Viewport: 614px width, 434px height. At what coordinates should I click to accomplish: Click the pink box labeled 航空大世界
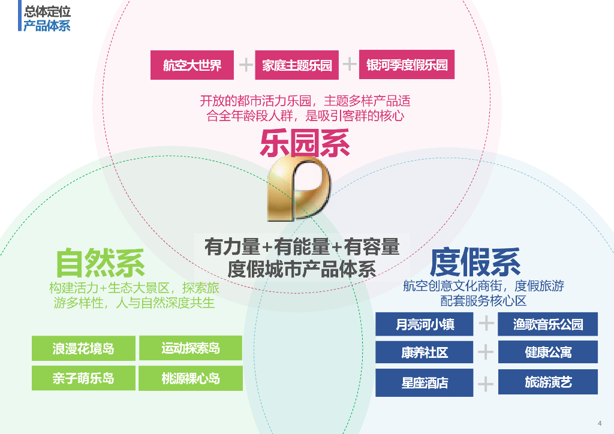tap(192, 65)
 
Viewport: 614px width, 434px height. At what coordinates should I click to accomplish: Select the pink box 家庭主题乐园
tap(297, 65)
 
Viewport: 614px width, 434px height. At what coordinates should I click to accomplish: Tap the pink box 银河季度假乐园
tap(407, 65)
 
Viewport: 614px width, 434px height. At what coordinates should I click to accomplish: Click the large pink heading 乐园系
tap(305, 144)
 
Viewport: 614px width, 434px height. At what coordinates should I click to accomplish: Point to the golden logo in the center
tap(299, 189)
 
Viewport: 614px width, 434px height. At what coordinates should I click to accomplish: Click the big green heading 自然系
tap(100, 263)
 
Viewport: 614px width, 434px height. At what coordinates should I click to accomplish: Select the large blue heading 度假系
tap(475, 261)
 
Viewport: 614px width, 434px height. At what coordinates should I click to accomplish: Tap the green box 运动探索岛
tap(191, 348)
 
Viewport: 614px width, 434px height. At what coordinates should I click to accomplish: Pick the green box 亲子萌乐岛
tap(83, 378)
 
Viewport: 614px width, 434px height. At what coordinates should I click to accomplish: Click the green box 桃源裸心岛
tap(191, 378)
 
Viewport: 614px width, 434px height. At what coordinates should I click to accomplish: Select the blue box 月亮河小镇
tap(425, 324)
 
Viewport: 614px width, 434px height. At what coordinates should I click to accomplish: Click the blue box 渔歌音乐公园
tap(547, 324)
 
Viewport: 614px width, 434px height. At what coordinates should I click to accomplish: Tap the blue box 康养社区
tap(425, 352)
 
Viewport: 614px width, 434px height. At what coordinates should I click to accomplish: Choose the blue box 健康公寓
tap(547, 352)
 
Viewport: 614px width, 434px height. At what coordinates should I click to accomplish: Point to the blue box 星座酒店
tap(425, 382)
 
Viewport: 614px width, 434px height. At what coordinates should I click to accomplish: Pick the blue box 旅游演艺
tap(547, 382)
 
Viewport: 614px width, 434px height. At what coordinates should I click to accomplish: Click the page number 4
tap(600, 419)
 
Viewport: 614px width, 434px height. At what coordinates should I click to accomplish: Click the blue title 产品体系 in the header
tap(47, 26)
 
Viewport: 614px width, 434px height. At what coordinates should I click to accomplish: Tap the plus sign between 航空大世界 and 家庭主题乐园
tap(246, 65)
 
